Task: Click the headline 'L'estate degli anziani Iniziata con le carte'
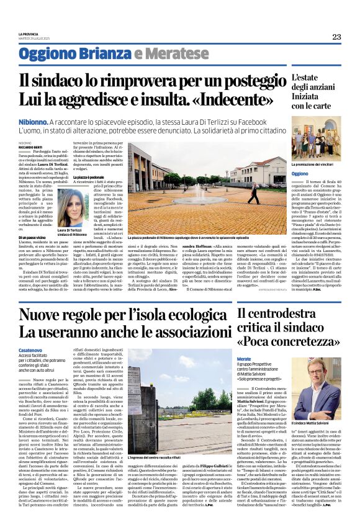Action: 316,92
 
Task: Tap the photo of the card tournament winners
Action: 316,139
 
